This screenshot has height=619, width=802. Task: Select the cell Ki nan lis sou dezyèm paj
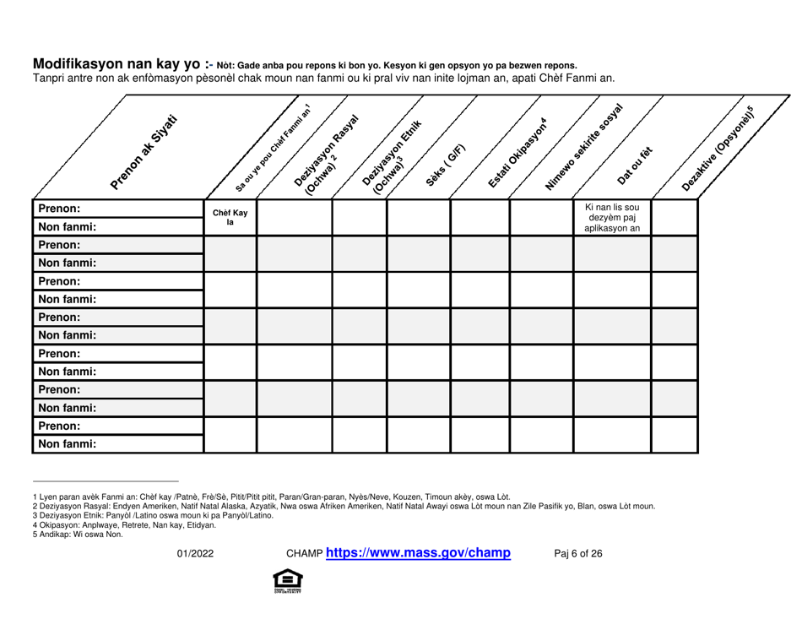point(611,218)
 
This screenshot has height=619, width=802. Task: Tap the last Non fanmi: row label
point(64,442)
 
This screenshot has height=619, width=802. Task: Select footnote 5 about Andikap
point(70,533)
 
